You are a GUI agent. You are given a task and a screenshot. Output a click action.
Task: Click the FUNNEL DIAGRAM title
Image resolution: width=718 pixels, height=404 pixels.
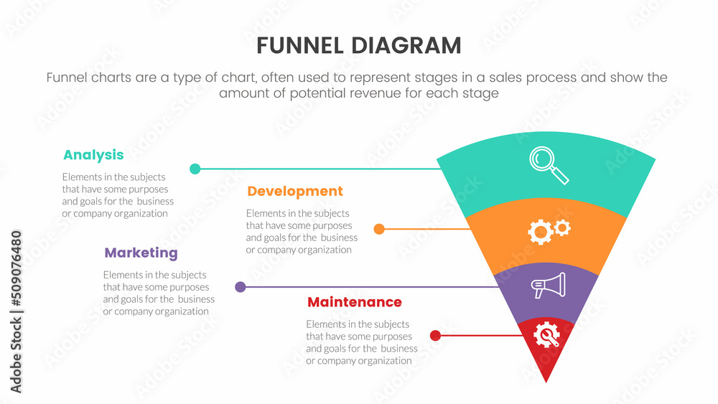(358, 46)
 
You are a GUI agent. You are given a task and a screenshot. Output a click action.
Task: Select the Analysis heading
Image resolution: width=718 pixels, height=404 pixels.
(93, 155)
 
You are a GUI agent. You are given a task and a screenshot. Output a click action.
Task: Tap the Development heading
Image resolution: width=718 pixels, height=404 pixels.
(295, 192)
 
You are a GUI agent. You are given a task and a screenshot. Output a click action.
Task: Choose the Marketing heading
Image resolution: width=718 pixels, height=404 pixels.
(141, 253)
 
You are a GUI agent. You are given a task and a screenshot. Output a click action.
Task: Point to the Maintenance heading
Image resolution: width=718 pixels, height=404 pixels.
(354, 302)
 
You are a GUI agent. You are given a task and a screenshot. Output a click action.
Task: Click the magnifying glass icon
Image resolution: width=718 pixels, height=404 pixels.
(549, 166)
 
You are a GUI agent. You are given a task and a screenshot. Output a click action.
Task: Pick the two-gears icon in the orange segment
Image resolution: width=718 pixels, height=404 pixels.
(549, 230)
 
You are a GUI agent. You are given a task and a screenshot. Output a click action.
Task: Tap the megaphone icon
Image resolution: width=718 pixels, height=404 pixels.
(548, 286)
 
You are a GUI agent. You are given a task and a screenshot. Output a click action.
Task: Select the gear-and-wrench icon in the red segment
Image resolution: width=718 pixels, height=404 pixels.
(548, 334)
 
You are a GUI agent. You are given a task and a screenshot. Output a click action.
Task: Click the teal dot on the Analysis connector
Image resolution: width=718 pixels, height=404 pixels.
(195, 169)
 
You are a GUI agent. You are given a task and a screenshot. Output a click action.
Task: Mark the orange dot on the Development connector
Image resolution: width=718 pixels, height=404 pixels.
(379, 230)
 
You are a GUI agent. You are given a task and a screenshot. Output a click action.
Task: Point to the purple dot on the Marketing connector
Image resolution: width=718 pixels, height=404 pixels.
(241, 287)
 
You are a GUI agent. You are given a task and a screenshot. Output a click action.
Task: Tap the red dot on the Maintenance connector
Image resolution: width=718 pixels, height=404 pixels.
(435, 335)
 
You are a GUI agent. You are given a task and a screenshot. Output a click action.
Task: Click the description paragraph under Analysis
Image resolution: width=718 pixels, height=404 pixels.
(118, 195)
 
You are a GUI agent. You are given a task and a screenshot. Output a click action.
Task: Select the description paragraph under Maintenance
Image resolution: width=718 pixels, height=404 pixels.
(362, 342)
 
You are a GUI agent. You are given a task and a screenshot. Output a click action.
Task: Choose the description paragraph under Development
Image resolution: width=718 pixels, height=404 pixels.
(302, 232)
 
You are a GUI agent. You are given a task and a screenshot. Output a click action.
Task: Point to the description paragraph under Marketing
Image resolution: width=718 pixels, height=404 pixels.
(159, 293)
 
